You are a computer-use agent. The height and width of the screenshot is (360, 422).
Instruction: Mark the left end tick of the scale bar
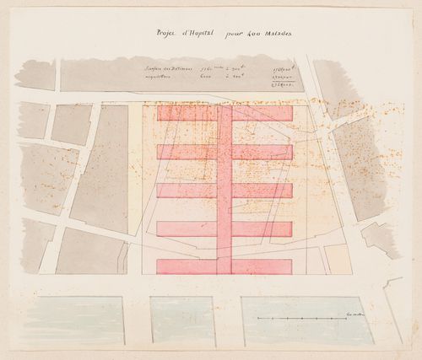[x=258, y=317]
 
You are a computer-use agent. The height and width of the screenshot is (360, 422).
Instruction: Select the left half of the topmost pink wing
[x=186, y=113]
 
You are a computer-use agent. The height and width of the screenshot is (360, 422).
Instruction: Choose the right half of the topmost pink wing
[x=262, y=113]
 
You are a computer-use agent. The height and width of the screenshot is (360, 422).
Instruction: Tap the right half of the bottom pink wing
[x=262, y=266]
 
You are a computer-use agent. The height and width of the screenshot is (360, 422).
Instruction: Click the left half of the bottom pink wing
[x=186, y=266]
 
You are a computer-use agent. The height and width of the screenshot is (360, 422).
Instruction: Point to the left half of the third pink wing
[x=186, y=191]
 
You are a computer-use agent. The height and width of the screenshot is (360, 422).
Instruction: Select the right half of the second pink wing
[x=262, y=152]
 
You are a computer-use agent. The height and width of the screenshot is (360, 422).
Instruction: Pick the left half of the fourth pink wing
[x=186, y=228]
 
